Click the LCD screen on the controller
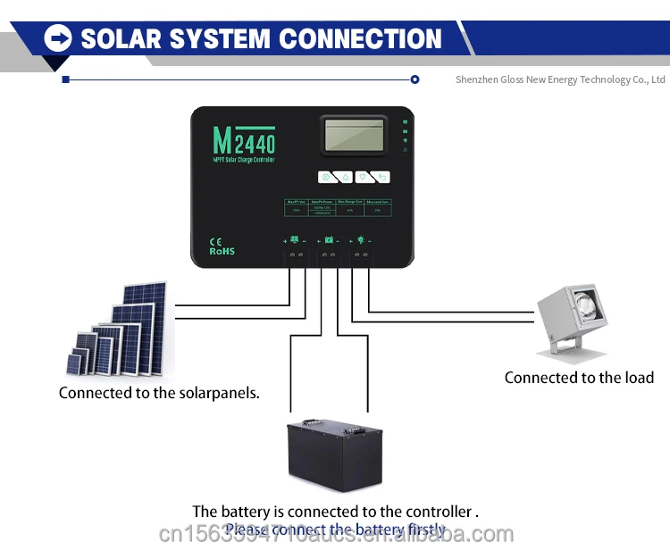pyautogui.click(x=355, y=135)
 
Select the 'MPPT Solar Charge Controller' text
pyautogui.click(x=244, y=160)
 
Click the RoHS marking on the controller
pyautogui.click(x=222, y=251)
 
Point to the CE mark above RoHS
pyautogui.click(x=215, y=241)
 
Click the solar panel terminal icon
pyautogui.click(x=295, y=240)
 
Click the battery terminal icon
pyautogui.click(x=329, y=240)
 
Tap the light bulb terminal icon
pyautogui.click(x=361, y=240)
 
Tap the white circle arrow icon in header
pyautogui.click(x=58, y=37)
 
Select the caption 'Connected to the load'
pyautogui.click(x=579, y=378)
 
